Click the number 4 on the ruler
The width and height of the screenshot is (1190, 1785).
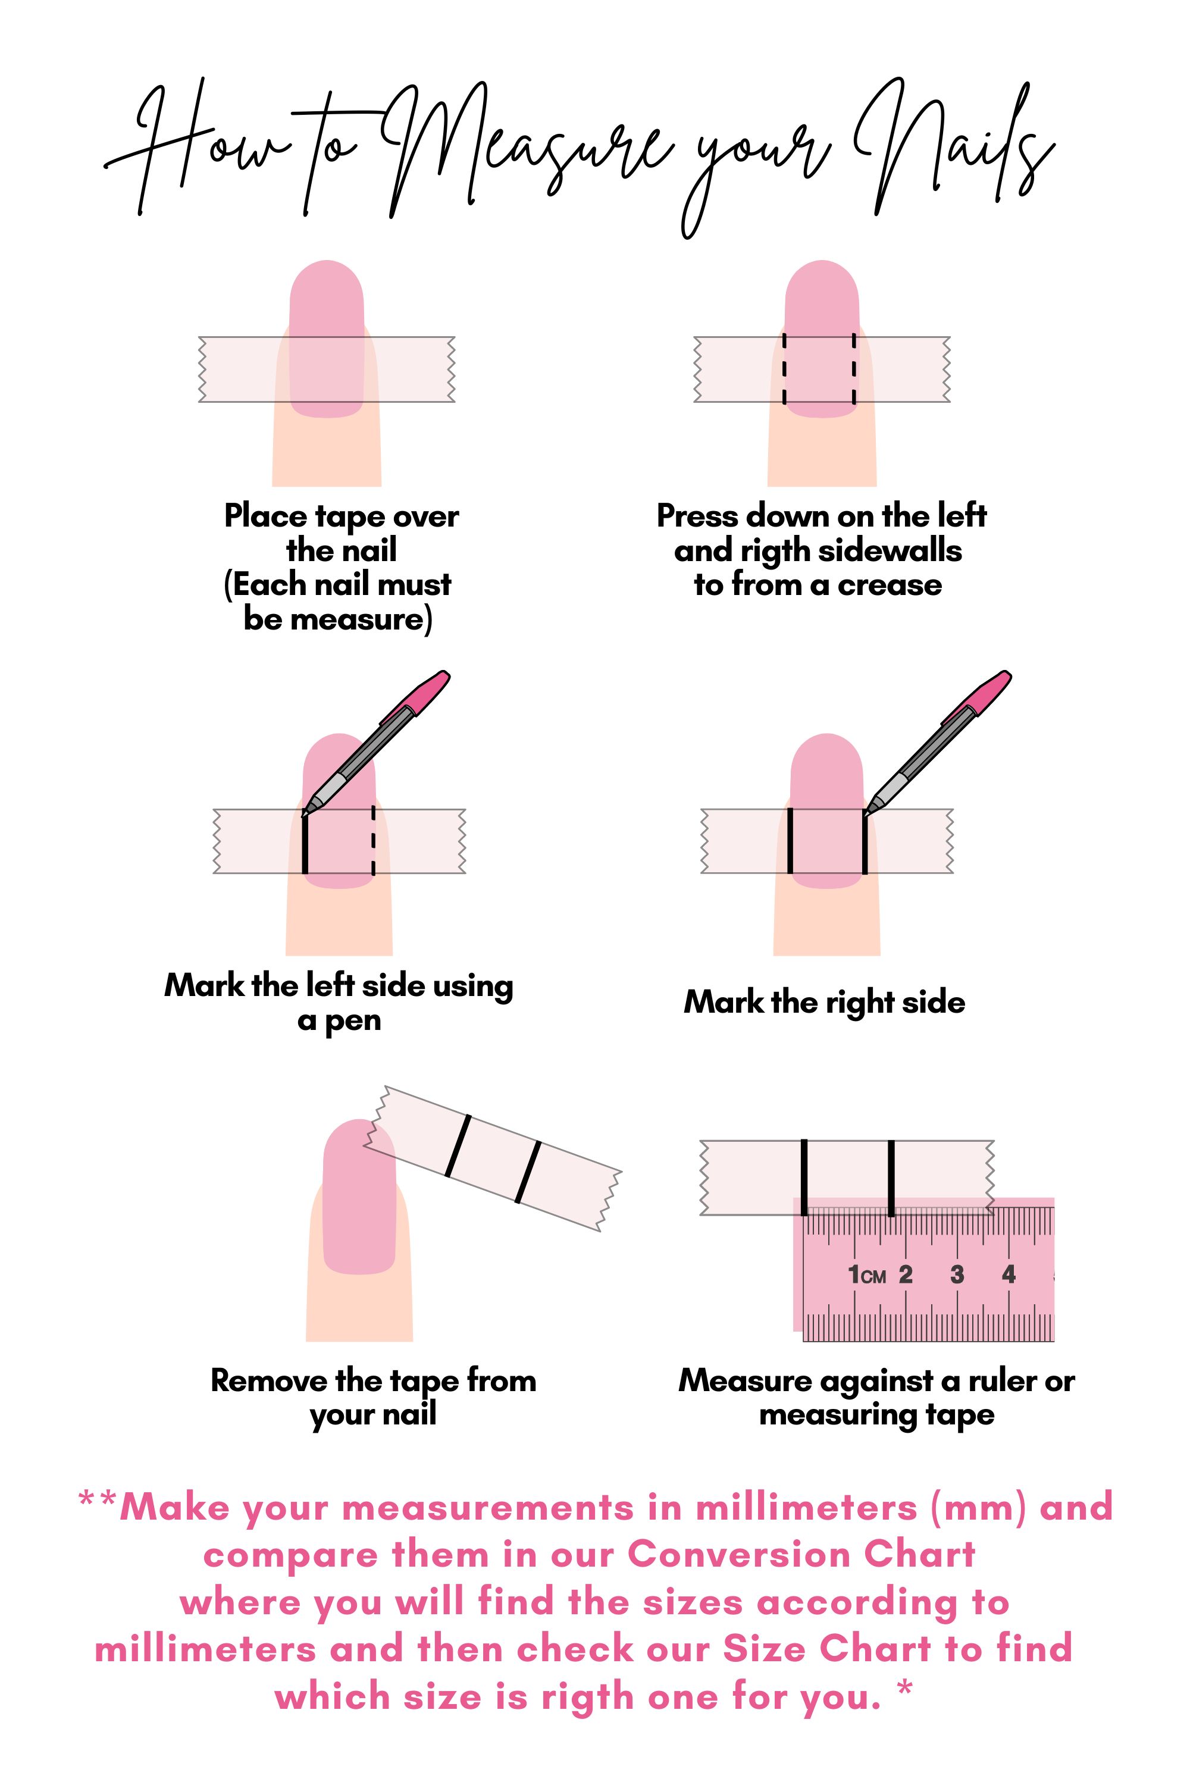pos(1009,1273)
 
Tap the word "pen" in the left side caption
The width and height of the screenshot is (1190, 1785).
pos(353,1022)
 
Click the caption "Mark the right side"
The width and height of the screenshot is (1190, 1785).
pos(824,1003)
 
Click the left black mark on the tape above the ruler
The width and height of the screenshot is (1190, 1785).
pos(804,1177)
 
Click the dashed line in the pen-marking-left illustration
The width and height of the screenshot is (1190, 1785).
pos(374,841)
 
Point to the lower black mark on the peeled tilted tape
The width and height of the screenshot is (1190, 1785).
pos(528,1173)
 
